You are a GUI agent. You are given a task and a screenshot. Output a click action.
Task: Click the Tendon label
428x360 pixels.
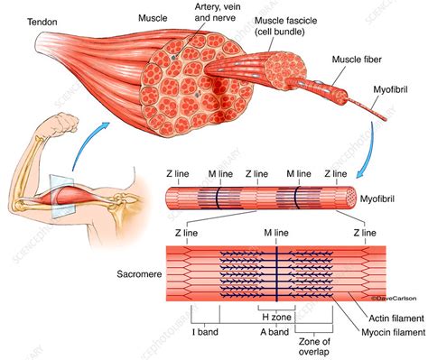click(x=42, y=22)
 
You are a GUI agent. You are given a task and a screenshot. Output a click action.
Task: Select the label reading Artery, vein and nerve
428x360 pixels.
click(x=215, y=12)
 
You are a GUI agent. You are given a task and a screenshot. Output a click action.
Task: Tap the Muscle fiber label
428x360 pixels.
click(x=357, y=60)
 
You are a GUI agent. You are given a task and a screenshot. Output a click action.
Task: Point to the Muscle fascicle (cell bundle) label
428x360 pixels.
click(x=285, y=26)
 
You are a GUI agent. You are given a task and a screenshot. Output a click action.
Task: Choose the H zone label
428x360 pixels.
click(x=276, y=317)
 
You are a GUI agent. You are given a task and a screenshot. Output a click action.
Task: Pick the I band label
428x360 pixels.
click(x=205, y=332)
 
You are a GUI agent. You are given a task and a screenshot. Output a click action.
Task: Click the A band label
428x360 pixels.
click(x=274, y=332)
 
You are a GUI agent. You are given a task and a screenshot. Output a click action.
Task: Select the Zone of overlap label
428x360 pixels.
click(x=314, y=346)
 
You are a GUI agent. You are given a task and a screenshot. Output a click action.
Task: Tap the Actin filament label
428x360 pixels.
click(x=396, y=318)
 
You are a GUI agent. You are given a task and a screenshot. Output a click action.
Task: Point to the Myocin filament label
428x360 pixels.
click(x=394, y=332)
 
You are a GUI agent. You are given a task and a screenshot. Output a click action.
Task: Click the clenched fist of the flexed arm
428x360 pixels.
click(x=64, y=123)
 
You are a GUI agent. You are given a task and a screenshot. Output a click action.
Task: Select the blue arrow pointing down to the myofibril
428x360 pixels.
click(x=369, y=151)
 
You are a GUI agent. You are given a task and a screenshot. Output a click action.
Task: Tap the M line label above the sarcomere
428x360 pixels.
click(x=276, y=233)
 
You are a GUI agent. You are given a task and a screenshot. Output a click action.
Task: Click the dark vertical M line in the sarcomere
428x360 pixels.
click(x=276, y=273)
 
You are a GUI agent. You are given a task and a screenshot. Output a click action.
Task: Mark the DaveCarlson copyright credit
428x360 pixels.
click(x=394, y=299)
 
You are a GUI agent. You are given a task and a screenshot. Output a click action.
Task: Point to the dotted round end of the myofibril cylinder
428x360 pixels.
click(x=350, y=198)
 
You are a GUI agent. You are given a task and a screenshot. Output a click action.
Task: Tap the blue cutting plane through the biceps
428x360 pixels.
click(x=61, y=196)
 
